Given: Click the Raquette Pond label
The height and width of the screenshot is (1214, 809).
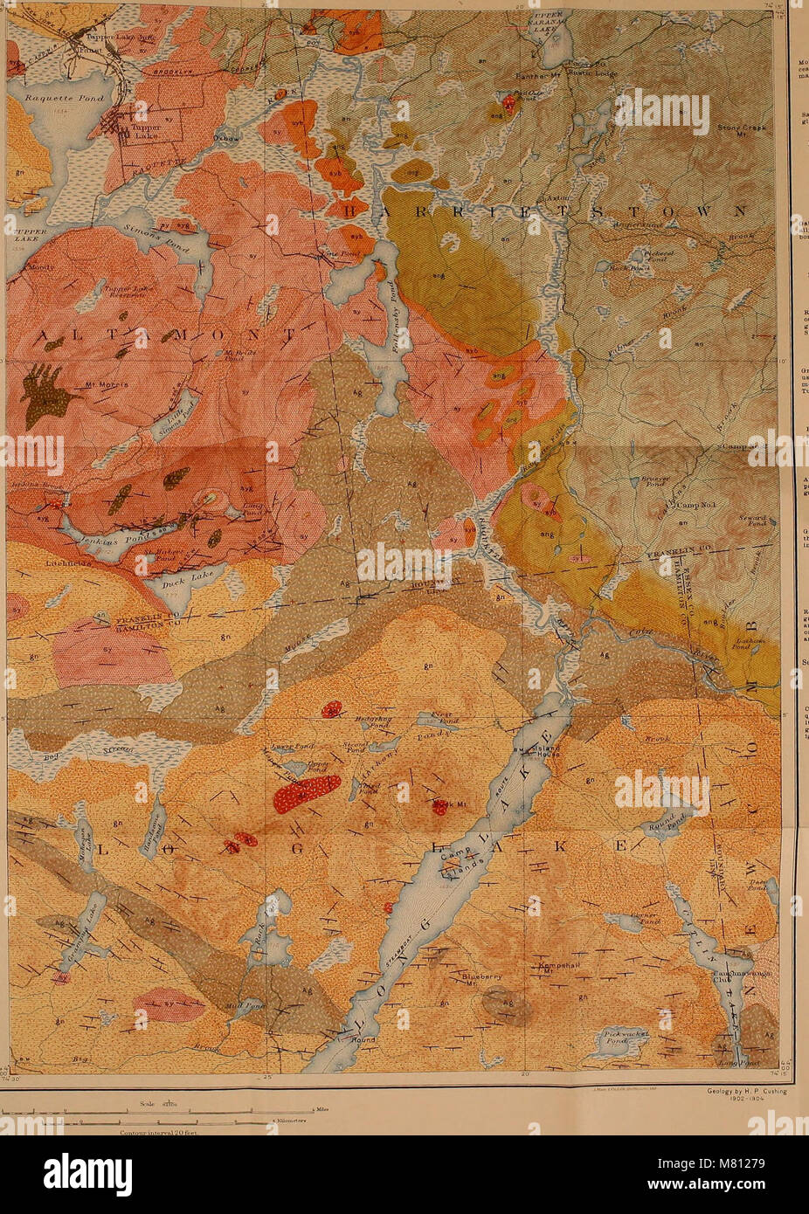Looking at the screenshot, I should [x=65, y=99].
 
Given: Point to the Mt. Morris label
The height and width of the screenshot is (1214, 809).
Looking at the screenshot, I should [x=107, y=384].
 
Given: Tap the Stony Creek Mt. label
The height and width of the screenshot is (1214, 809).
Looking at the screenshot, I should [x=741, y=132].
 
